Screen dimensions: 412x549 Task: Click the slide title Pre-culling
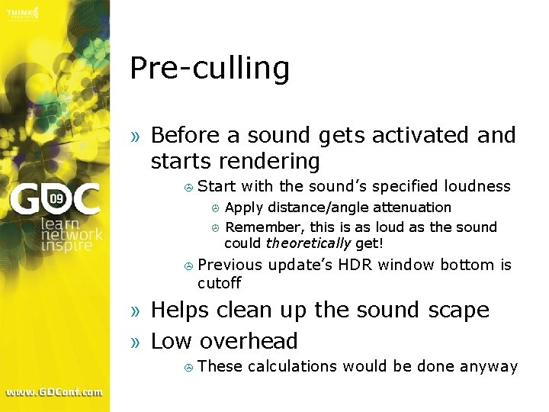point(210,69)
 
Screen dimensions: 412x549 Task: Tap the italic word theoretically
point(308,243)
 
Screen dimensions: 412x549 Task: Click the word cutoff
point(219,283)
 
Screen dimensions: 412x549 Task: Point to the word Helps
point(180,311)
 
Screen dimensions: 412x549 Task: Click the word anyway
point(490,367)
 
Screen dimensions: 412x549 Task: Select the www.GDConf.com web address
point(54,392)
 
